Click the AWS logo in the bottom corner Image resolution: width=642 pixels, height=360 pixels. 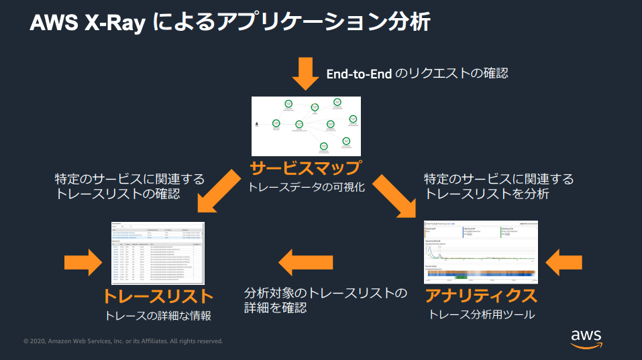tap(586, 338)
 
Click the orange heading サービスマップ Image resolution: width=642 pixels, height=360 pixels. tap(306, 168)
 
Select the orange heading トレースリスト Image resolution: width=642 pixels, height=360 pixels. tap(158, 296)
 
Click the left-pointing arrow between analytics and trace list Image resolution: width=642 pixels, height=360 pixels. tap(306, 261)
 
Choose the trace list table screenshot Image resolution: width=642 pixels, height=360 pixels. tap(158, 252)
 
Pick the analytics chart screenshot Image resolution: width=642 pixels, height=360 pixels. tap(481, 251)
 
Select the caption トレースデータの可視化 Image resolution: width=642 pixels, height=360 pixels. tap(306, 187)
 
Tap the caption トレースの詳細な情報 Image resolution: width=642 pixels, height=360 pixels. tap(158, 316)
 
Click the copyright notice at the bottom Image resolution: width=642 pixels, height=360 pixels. tap(123, 341)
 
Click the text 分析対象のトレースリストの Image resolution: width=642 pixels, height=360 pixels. tap(325, 294)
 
